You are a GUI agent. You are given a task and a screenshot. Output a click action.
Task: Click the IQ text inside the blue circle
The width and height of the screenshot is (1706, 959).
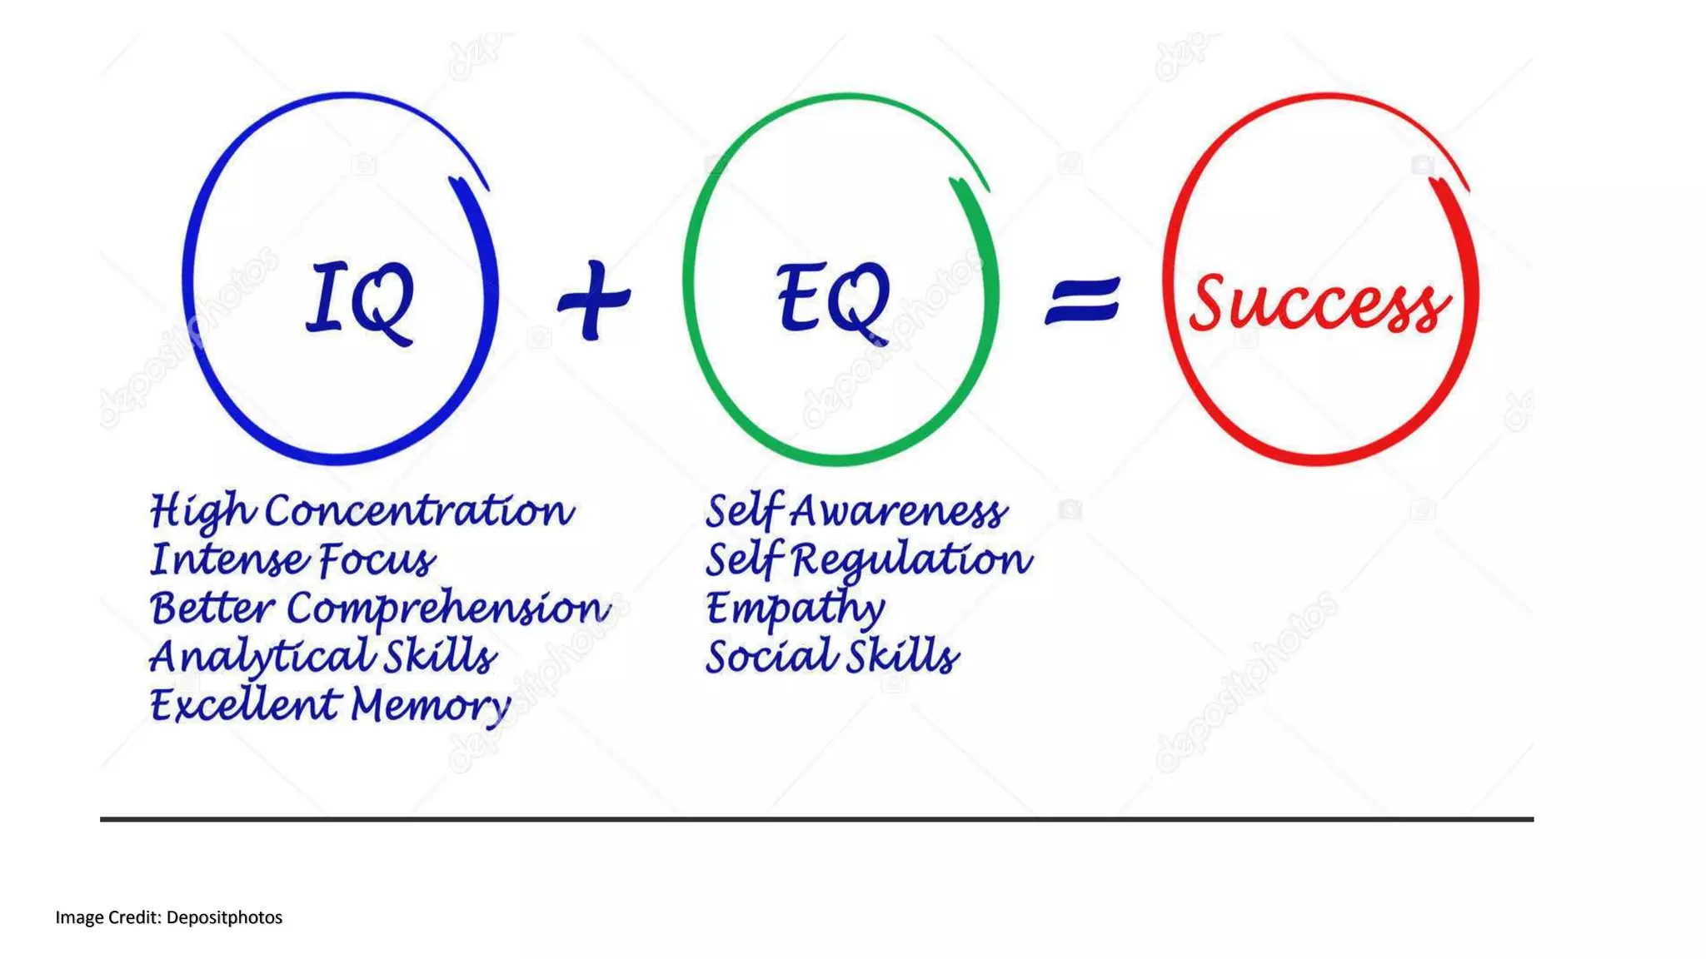[x=360, y=301]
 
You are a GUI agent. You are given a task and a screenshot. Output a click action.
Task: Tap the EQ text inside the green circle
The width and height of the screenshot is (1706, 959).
[x=833, y=301]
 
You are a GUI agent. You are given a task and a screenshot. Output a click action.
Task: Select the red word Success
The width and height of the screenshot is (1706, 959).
[x=1319, y=303]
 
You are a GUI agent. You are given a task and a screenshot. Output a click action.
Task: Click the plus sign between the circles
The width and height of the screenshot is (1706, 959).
[x=594, y=301]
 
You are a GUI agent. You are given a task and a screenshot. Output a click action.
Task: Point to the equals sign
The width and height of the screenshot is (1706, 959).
[x=1083, y=301]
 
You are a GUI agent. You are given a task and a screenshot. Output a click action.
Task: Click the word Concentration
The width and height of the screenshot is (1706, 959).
[x=420, y=510]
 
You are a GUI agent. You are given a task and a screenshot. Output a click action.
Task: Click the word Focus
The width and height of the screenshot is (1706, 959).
[x=377, y=559]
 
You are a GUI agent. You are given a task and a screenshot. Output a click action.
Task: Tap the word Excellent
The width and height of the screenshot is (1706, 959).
[x=246, y=705]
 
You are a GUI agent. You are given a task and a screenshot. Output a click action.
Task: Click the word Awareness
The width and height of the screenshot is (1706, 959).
[x=899, y=511]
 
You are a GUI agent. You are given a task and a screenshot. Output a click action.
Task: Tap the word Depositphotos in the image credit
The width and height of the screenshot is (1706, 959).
[x=224, y=917]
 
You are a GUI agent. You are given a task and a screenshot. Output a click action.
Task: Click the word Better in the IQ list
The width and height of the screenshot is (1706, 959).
[x=212, y=608]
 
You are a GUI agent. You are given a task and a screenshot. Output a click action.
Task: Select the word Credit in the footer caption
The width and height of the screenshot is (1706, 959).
[x=134, y=917]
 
